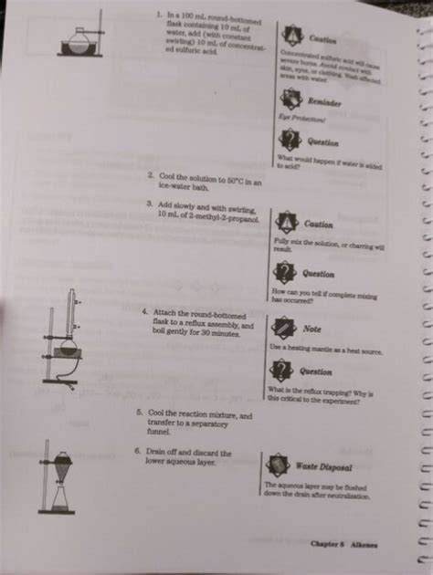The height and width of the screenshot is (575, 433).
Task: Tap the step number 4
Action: (144, 311)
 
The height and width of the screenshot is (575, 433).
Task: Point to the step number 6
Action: (136, 451)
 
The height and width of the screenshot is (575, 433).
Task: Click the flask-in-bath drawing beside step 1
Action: (80, 39)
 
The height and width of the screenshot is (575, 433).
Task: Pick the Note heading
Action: (312, 329)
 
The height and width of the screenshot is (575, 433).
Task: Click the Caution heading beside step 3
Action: (318, 224)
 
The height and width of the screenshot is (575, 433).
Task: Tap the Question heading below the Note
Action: (315, 371)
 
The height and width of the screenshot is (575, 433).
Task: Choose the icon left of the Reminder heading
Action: (291, 102)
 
